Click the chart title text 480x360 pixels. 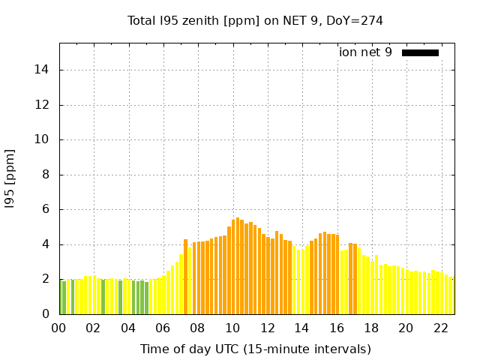pyautogui.click(x=255, y=20)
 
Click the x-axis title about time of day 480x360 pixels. pyautogui.click(x=255, y=349)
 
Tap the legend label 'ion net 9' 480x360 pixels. pyautogui.click(x=365, y=52)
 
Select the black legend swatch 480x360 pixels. pyautogui.click(x=420, y=52)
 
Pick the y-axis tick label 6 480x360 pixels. pyautogui.click(x=46, y=210)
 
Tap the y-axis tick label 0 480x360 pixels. pyautogui.click(x=46, y=314)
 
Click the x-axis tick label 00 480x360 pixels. pyautogui.click(x=58, y=328)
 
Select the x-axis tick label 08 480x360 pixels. pyautogui.click(x=197, y=328)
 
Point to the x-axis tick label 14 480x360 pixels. pyautogui.click(x=301, y=328)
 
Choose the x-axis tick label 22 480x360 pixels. pyautogui.click(x=440, y=328)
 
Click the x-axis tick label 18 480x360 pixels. pyautogui.click(x=370, y=328)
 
